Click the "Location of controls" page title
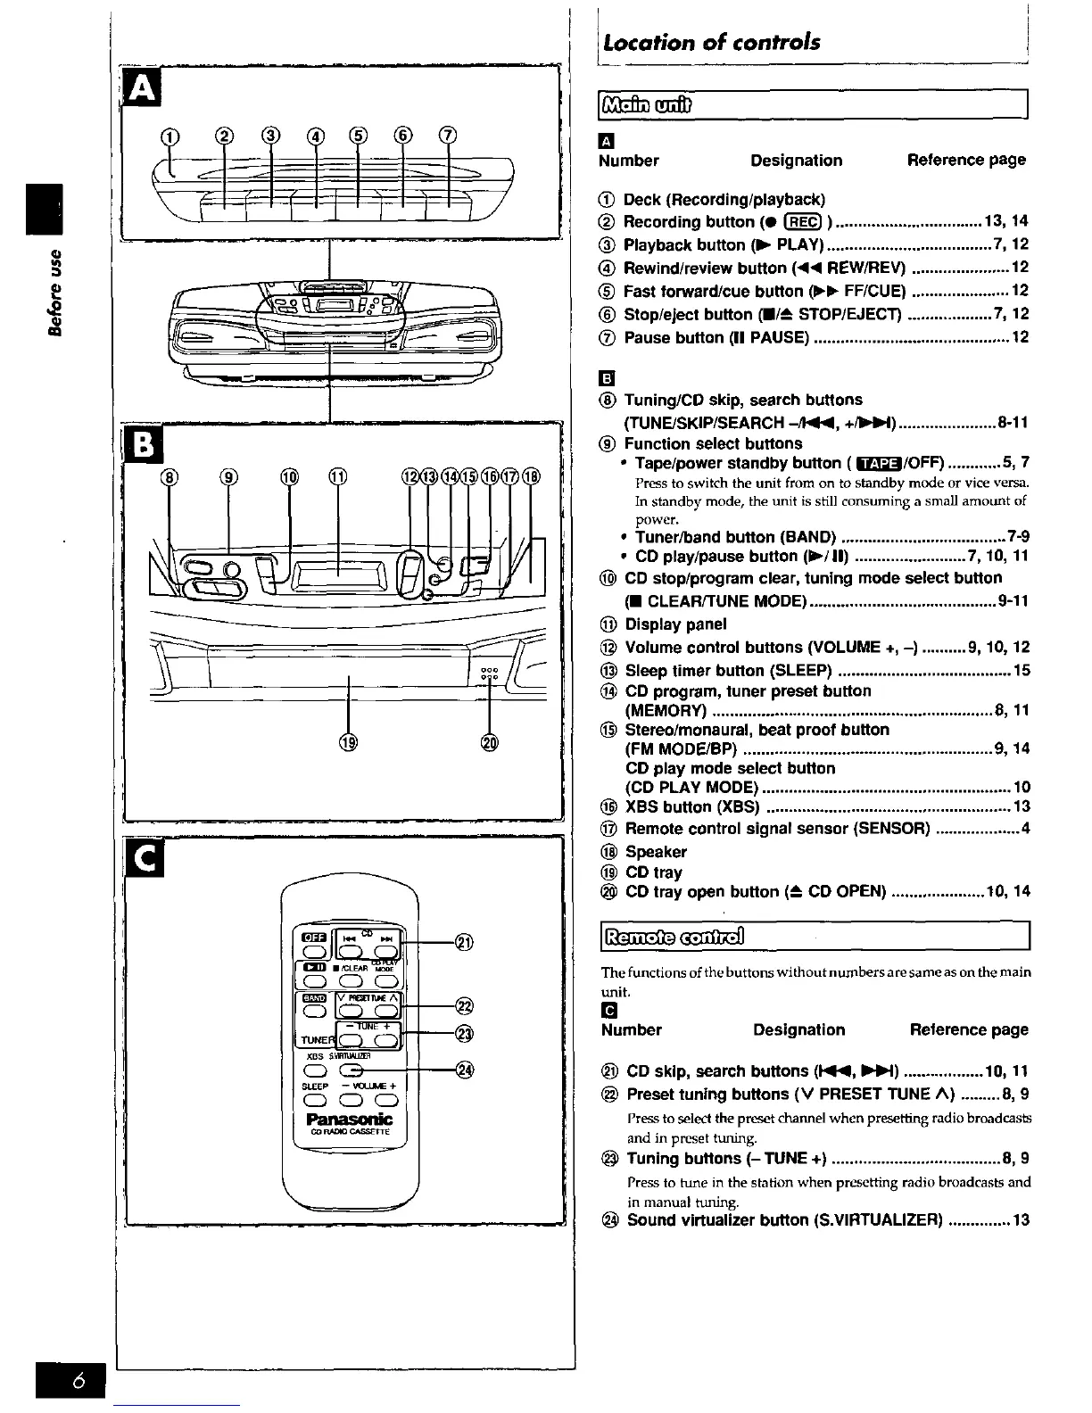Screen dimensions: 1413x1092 (x=711, y=42)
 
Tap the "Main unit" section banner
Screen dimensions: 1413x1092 (x=649, y=104)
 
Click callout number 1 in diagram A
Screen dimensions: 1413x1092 (x=168, y=136)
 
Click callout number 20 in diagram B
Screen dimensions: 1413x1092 (x=489, y=743)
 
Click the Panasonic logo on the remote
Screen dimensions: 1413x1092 (x=349, y=1120)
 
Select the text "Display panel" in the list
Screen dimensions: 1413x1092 (x=675, y=624)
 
